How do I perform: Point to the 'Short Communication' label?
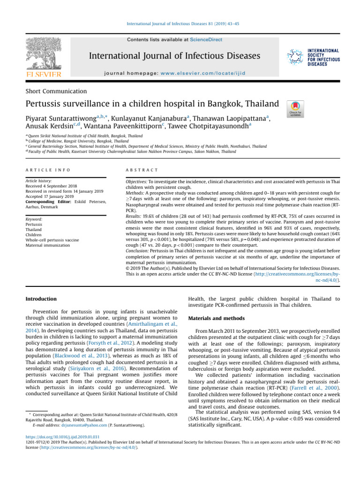click(56, 91)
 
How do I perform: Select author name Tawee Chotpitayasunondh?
click(213, 125)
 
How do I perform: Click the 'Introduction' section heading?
click(41, 299)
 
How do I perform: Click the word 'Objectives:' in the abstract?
click(137, 181)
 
